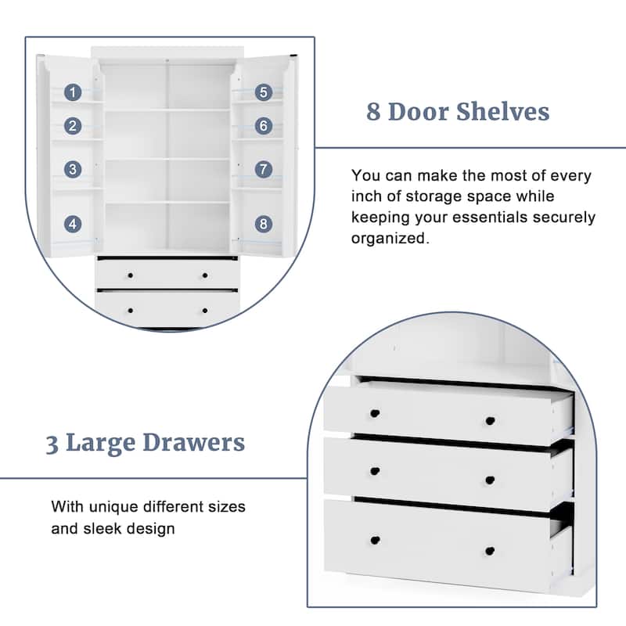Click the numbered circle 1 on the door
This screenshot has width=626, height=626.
[x=73, y=92]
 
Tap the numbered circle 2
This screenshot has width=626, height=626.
[x=73, y=125]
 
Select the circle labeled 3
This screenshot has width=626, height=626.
[x=73, y=168]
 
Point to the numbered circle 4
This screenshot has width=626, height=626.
[x=73, y=224]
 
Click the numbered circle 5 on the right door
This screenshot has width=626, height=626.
[x=264, y=92]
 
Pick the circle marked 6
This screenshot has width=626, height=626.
[x=264, y=125]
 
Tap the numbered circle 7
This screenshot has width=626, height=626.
[x=264, y=168]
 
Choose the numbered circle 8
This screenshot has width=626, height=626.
[x=264, y=224]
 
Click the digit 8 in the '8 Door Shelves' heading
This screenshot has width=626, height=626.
[x=375, y=112]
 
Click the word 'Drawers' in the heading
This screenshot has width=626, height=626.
[x=196, y=443]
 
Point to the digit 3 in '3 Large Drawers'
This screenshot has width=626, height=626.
[x=52, y=444]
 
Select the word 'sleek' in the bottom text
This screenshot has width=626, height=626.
[x=103, y=529]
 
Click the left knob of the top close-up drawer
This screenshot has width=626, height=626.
[x=375, y=412]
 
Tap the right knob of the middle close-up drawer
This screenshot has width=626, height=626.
[x=490, y=480]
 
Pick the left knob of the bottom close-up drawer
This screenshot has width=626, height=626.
[x=375, y=541]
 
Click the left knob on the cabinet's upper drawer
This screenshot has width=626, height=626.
[x=131, y=275]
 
